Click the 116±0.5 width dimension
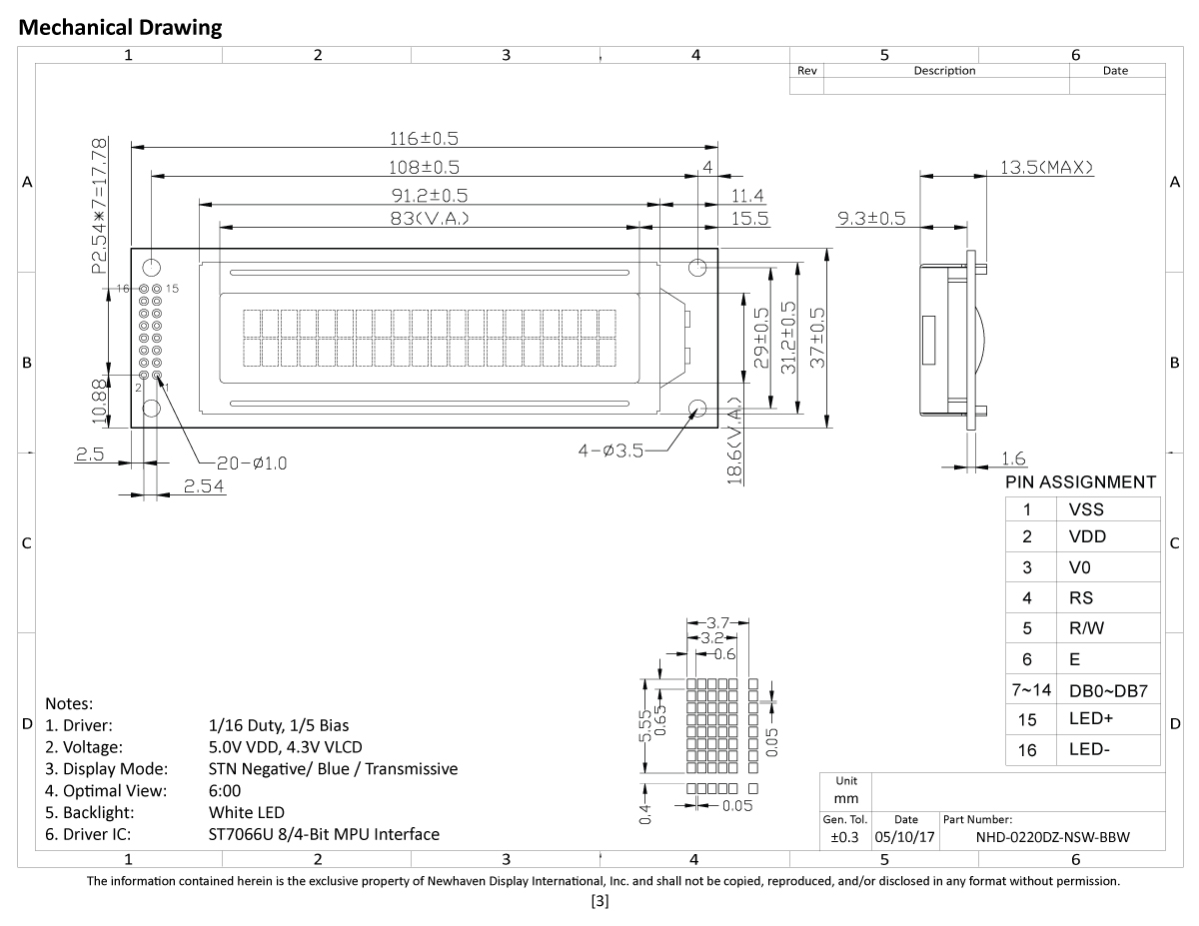click(x=431, y=138)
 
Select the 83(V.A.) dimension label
click(x=431, y=218)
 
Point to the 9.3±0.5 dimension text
click(x=871, y=217)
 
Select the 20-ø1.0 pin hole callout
click(x=238, y=463)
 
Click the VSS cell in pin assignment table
click(x=1086, y=508)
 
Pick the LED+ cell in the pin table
click(x=1090, y=719)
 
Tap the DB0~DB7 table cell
click(x=1108, y=690)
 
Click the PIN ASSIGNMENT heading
click(x=1081, y=482)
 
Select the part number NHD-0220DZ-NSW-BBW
click(x=1052, y=838)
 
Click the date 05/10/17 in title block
click(x=905, y=838)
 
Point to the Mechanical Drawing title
click(x=121, y=27)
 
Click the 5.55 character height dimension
click(x=645, y=725)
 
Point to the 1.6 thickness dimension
click(x=1012, y=459)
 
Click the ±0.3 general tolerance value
click(x=844, y=838)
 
